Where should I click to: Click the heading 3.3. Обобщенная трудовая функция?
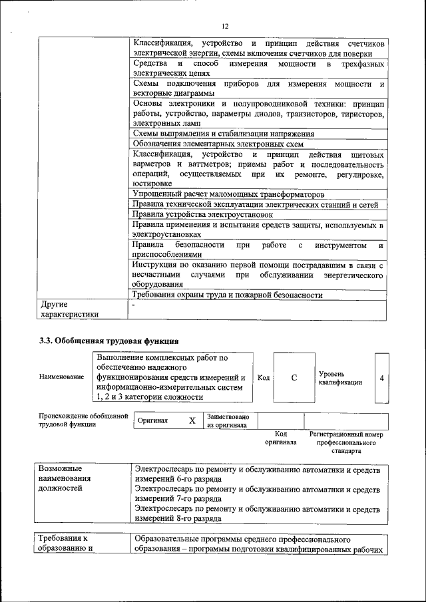coord(108,341)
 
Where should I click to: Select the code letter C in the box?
coord(294,378)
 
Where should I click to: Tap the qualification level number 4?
coord(381,378)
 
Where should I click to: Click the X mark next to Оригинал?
coord(192,421)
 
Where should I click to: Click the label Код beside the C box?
coord(264,378)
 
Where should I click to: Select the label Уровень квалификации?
coord(340,378)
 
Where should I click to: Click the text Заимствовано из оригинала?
coord(227,420)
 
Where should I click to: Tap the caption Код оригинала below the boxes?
coord(280,438)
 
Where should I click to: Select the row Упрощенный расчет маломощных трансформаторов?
coord(228,194)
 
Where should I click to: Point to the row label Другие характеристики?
coord(69,309)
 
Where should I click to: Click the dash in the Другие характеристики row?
coord(134,305)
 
